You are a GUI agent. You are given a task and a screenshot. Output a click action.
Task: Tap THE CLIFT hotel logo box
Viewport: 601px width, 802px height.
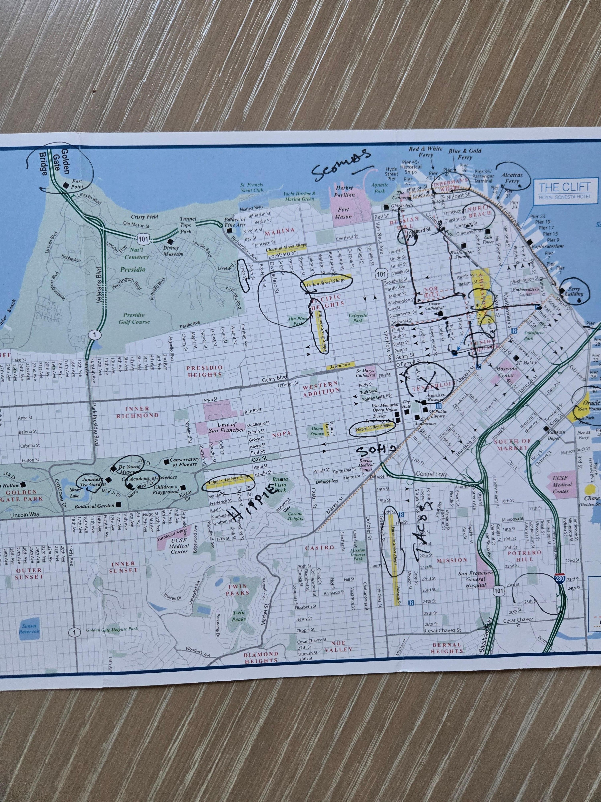pos(564,191)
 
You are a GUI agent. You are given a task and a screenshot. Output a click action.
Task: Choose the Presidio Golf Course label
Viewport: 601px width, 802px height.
pos(134,318)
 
